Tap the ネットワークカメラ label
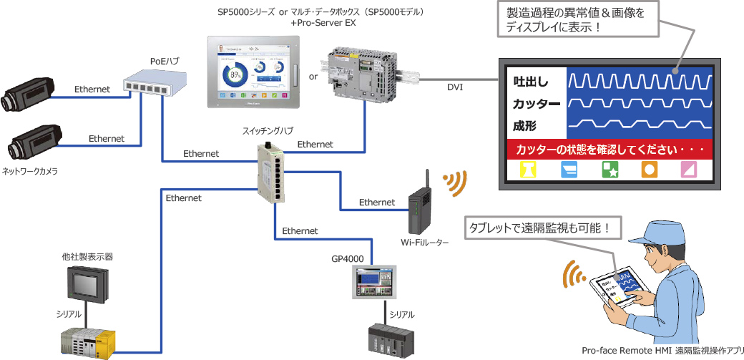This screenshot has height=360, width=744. (x=30, y=172)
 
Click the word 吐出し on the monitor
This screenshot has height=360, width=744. (x=530, y=81)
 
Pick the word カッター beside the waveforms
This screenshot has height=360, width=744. (x=536, y=104)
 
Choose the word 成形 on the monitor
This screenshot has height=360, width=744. (x=524, y=126)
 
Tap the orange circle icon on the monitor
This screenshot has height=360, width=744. (x=650, y=170)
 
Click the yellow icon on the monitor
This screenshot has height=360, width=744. (x=529, y=170)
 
